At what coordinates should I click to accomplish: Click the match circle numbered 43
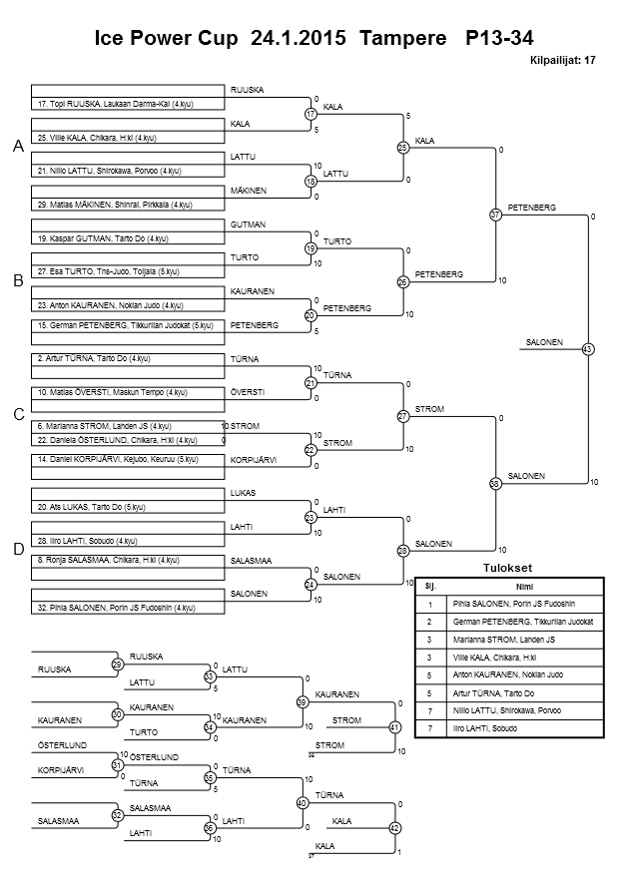tap(587, 349)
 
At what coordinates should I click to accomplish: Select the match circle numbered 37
tap(495, 215)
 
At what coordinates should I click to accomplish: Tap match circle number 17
tap(311, 114)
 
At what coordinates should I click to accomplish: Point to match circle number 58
tap(495, 483)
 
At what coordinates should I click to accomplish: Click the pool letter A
tap(18, 147)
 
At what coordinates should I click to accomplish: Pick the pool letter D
tap(18, 549)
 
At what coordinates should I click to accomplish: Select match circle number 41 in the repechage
tap(394, 727)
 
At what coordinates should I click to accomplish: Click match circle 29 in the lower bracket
tap(117, 665)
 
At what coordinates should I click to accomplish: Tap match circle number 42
tap(394, 828)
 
